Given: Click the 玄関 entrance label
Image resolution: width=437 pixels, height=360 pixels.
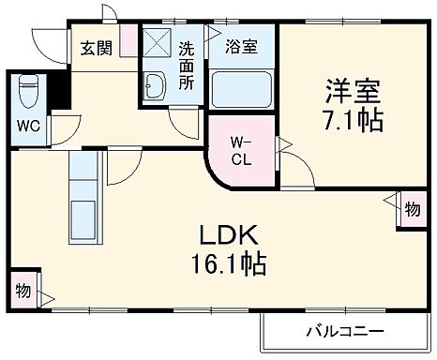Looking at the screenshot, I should click(x=96, y=47).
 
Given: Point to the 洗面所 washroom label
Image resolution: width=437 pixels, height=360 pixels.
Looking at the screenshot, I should click(x=187, y=64).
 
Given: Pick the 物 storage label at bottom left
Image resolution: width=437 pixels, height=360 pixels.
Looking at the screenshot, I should click(x=22, y=292).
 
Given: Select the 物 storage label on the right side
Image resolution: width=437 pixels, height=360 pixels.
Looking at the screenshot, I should click(x=411, y=209).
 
